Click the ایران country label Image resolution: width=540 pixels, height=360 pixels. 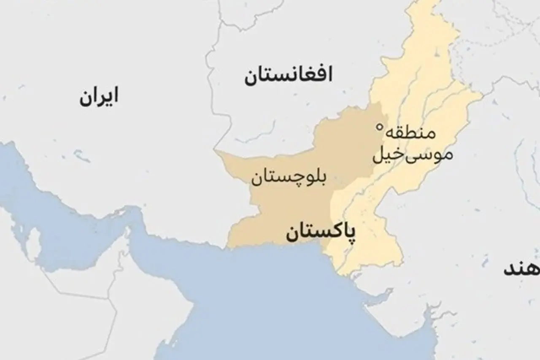[98, 97]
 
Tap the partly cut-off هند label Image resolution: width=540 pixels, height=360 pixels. [521, 270]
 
